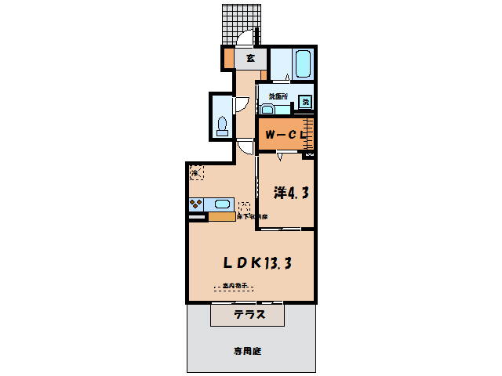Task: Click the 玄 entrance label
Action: [x=250, y=58]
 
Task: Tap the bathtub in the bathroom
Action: [x=302, y=63]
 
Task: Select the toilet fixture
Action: [x=222, y=125]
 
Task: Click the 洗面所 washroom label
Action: [x=278, y=96]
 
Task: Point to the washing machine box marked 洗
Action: [x=306, y=100]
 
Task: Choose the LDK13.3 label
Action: [x=251, y=264]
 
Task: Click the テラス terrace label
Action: [x=249, y=316]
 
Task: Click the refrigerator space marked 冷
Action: [x=195, y=171]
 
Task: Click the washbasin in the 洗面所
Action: [x=267, y=109]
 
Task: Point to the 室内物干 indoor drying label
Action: [x=235, y=286]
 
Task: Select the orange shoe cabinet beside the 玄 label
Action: [x=229, y=58]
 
